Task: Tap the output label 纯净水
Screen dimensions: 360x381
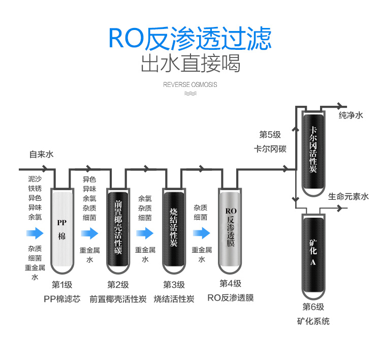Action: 351,116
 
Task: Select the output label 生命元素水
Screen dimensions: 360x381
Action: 348,196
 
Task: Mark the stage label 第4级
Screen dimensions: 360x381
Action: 230,284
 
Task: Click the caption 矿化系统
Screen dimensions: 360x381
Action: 313,321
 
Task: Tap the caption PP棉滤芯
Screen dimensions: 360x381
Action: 62,299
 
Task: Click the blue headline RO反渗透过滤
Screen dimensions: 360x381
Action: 190,38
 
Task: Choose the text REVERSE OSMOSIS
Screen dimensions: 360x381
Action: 190,84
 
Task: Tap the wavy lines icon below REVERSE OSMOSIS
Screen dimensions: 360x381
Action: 190,94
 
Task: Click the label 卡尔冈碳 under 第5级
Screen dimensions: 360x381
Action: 270,149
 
